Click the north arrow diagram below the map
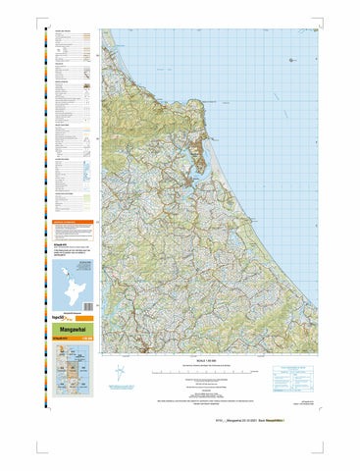tap(119, 372)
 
